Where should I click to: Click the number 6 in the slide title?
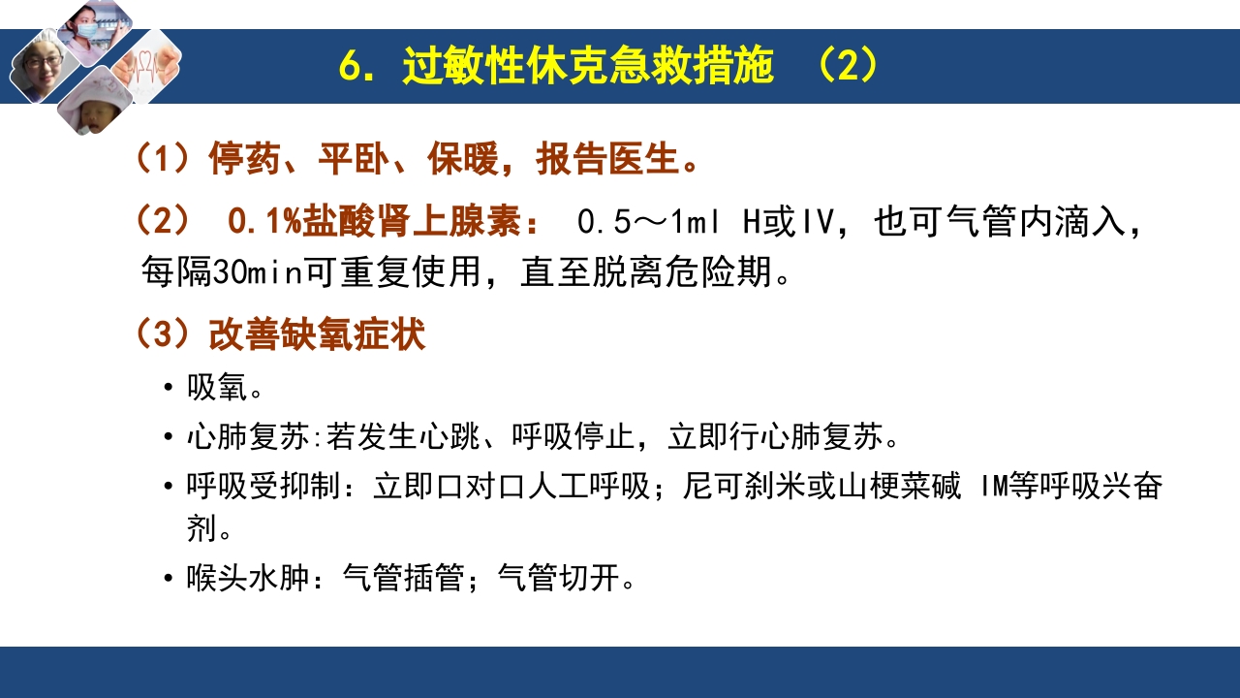[350, 66]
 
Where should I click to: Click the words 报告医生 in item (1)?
[606, 160]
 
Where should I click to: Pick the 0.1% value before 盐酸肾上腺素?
[264, 222]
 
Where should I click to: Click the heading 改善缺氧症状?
[317, 335]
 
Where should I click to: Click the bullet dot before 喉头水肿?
[170, 580]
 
